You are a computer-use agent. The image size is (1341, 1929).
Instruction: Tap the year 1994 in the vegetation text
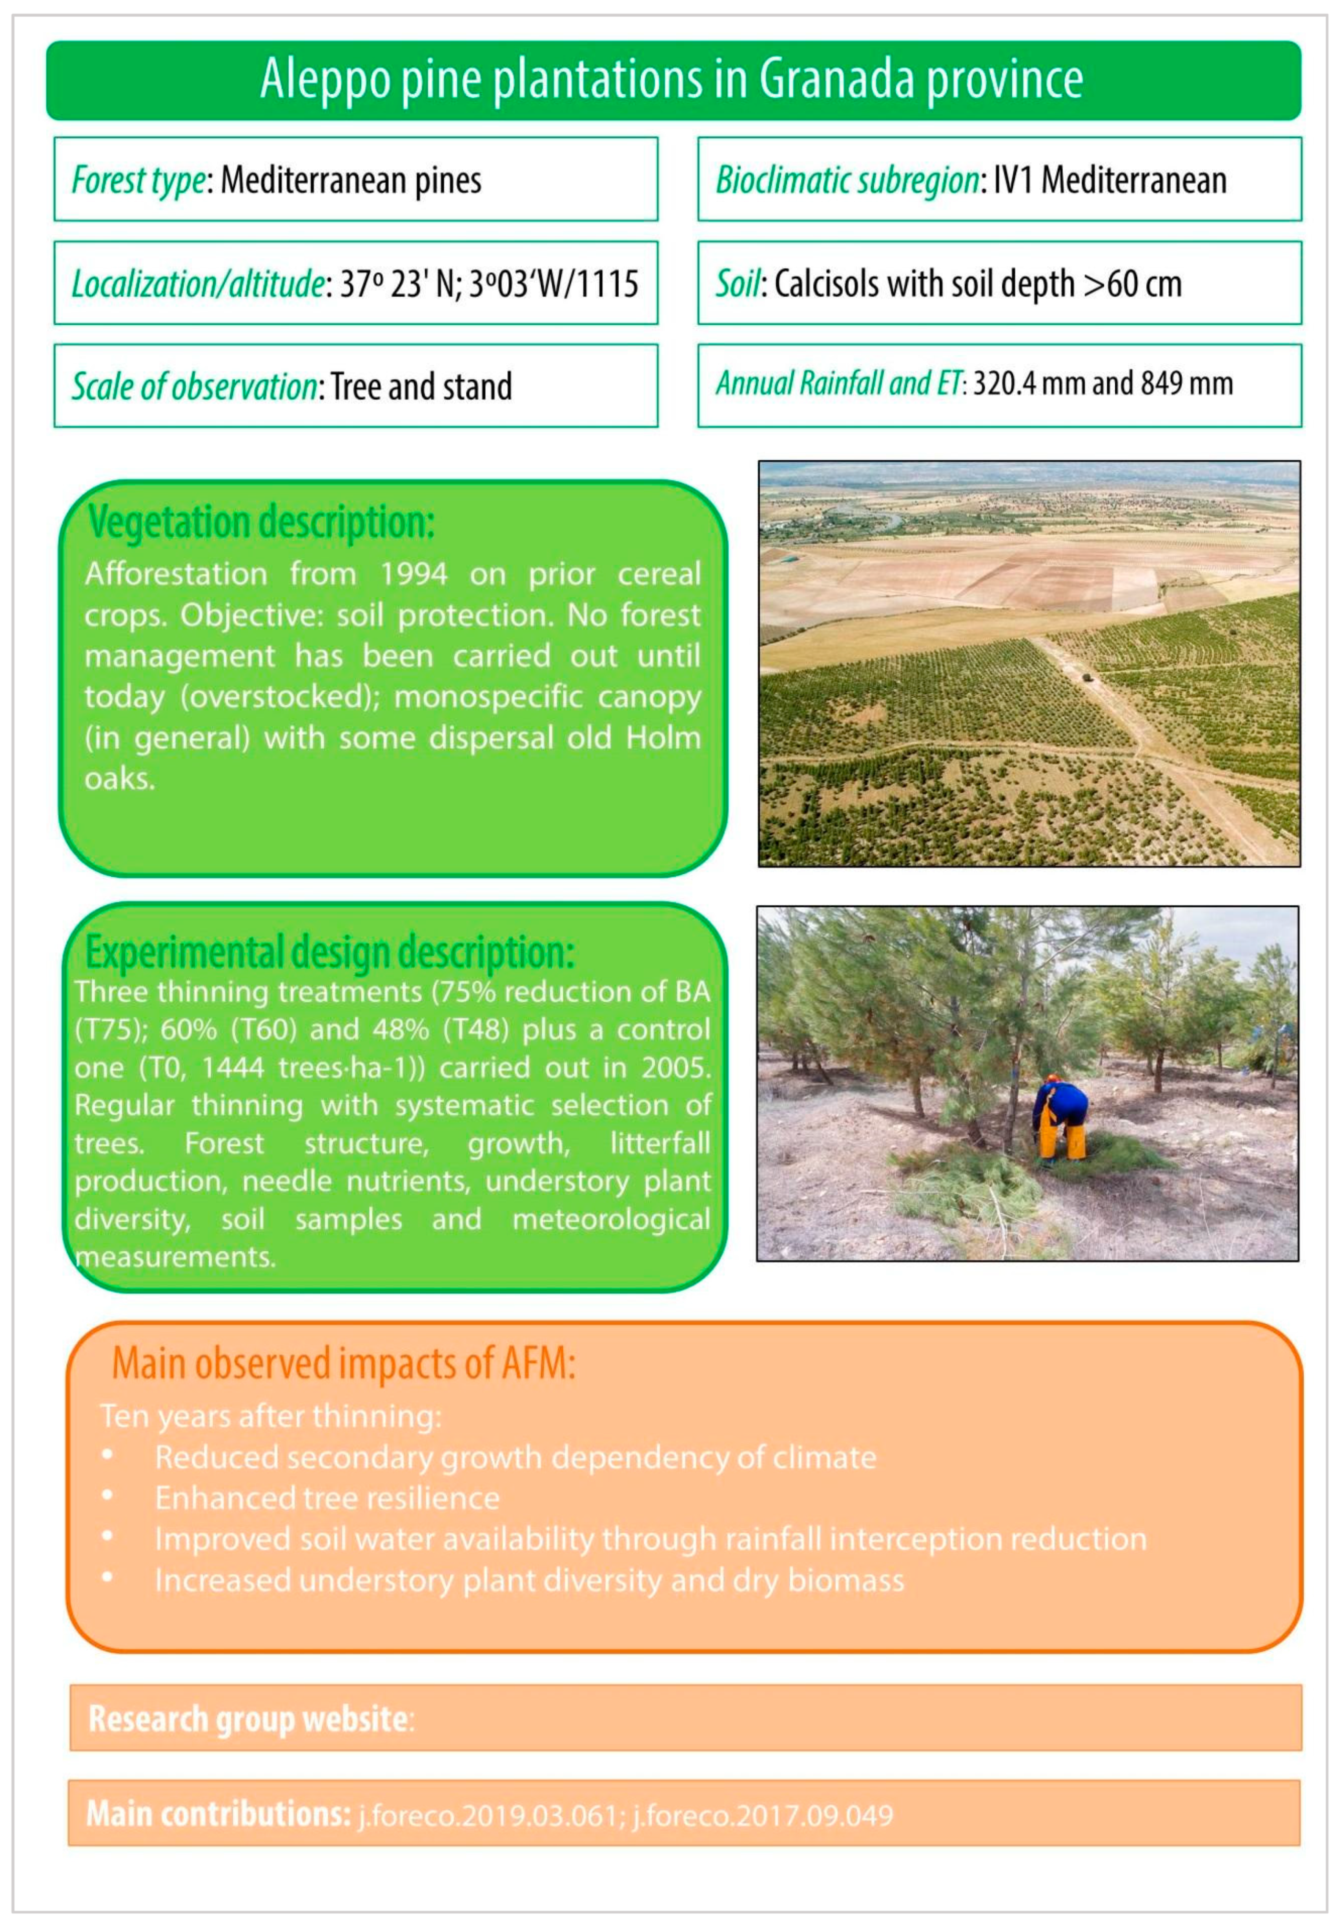413,574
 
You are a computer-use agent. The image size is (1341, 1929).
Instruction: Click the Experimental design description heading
329,952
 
